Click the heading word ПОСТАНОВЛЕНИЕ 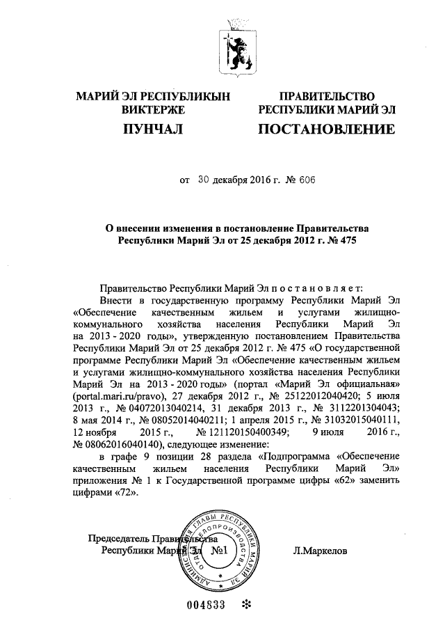[326, 129]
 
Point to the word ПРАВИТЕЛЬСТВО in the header [326, 96]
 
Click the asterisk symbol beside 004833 [245, 604]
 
